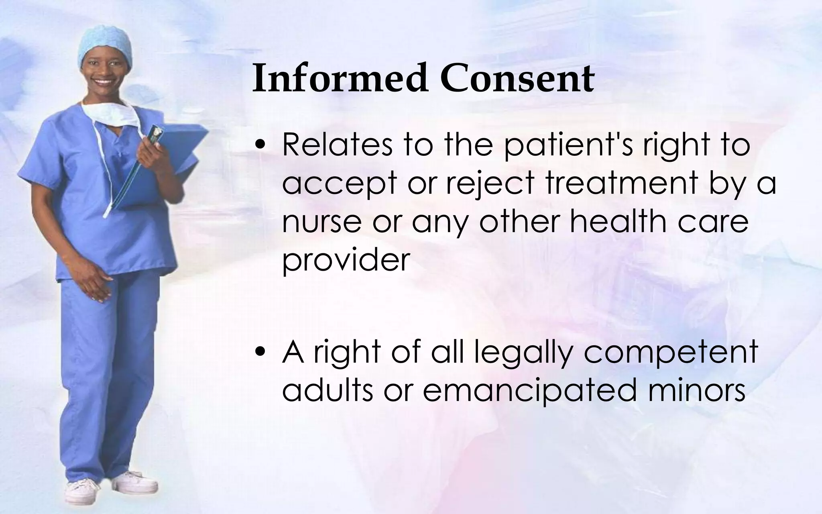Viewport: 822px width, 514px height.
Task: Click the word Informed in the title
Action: coord(340,78)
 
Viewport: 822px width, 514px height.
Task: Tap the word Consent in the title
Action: coord(517,78)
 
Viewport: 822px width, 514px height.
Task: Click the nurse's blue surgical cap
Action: coord(105,44)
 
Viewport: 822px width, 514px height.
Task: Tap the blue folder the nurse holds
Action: coord(173,169)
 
